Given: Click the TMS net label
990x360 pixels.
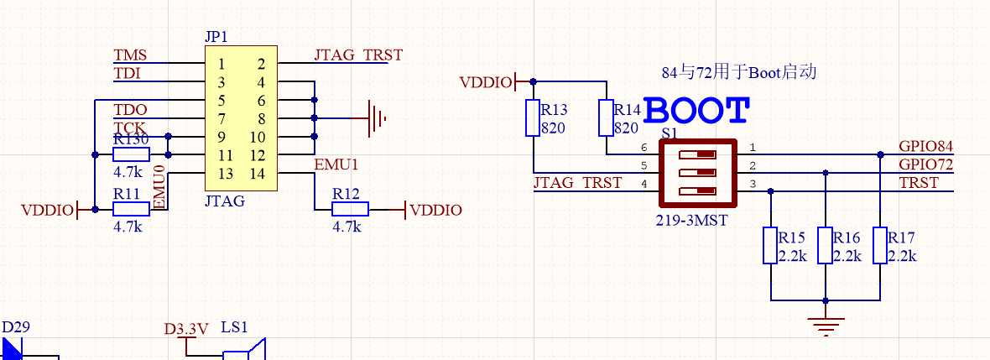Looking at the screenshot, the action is [x=130, y=55].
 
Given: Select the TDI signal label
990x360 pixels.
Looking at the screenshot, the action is [x=127, y=73].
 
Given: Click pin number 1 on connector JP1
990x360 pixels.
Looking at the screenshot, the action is [x=221, y=64].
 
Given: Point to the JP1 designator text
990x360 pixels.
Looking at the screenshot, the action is [x=216, y=37].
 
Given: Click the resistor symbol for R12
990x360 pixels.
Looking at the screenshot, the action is [x=350, y=209].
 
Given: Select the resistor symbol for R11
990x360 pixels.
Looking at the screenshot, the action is [x=132, y=209].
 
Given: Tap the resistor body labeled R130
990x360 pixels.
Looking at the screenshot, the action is [x=132, y=154].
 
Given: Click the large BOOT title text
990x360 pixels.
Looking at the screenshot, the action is [x=698, y=110].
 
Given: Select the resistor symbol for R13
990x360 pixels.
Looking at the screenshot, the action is [x=533, y=117].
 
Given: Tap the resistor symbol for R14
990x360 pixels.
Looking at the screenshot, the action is [x=606, y=117].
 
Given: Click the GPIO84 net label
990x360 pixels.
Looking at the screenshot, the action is [x=925, y=147].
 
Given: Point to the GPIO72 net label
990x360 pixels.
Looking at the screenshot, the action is [x=925, y=164].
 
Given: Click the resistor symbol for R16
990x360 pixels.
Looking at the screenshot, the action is [x=826, y=245].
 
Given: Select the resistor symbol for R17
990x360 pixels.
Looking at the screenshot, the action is [x=880, y=245].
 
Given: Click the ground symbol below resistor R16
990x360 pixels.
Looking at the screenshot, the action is [x=826, y=325].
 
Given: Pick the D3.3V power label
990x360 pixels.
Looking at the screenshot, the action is [x=186, y=329].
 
